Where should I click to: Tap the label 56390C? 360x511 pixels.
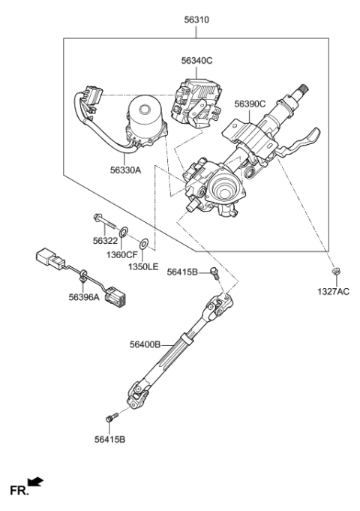click(x=250, y=104)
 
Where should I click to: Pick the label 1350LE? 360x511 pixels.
click(x=142, y=266)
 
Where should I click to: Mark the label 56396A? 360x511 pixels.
click(x=83, y=296)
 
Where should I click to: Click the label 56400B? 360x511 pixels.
click(x=145, y=344)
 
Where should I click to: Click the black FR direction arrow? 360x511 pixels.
click(x=34, y=480)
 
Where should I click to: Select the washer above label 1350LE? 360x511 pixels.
click(x=144, y=244)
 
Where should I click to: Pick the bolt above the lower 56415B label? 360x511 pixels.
click(x=112, y=417)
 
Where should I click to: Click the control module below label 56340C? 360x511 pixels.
click(x=192, y=99)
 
